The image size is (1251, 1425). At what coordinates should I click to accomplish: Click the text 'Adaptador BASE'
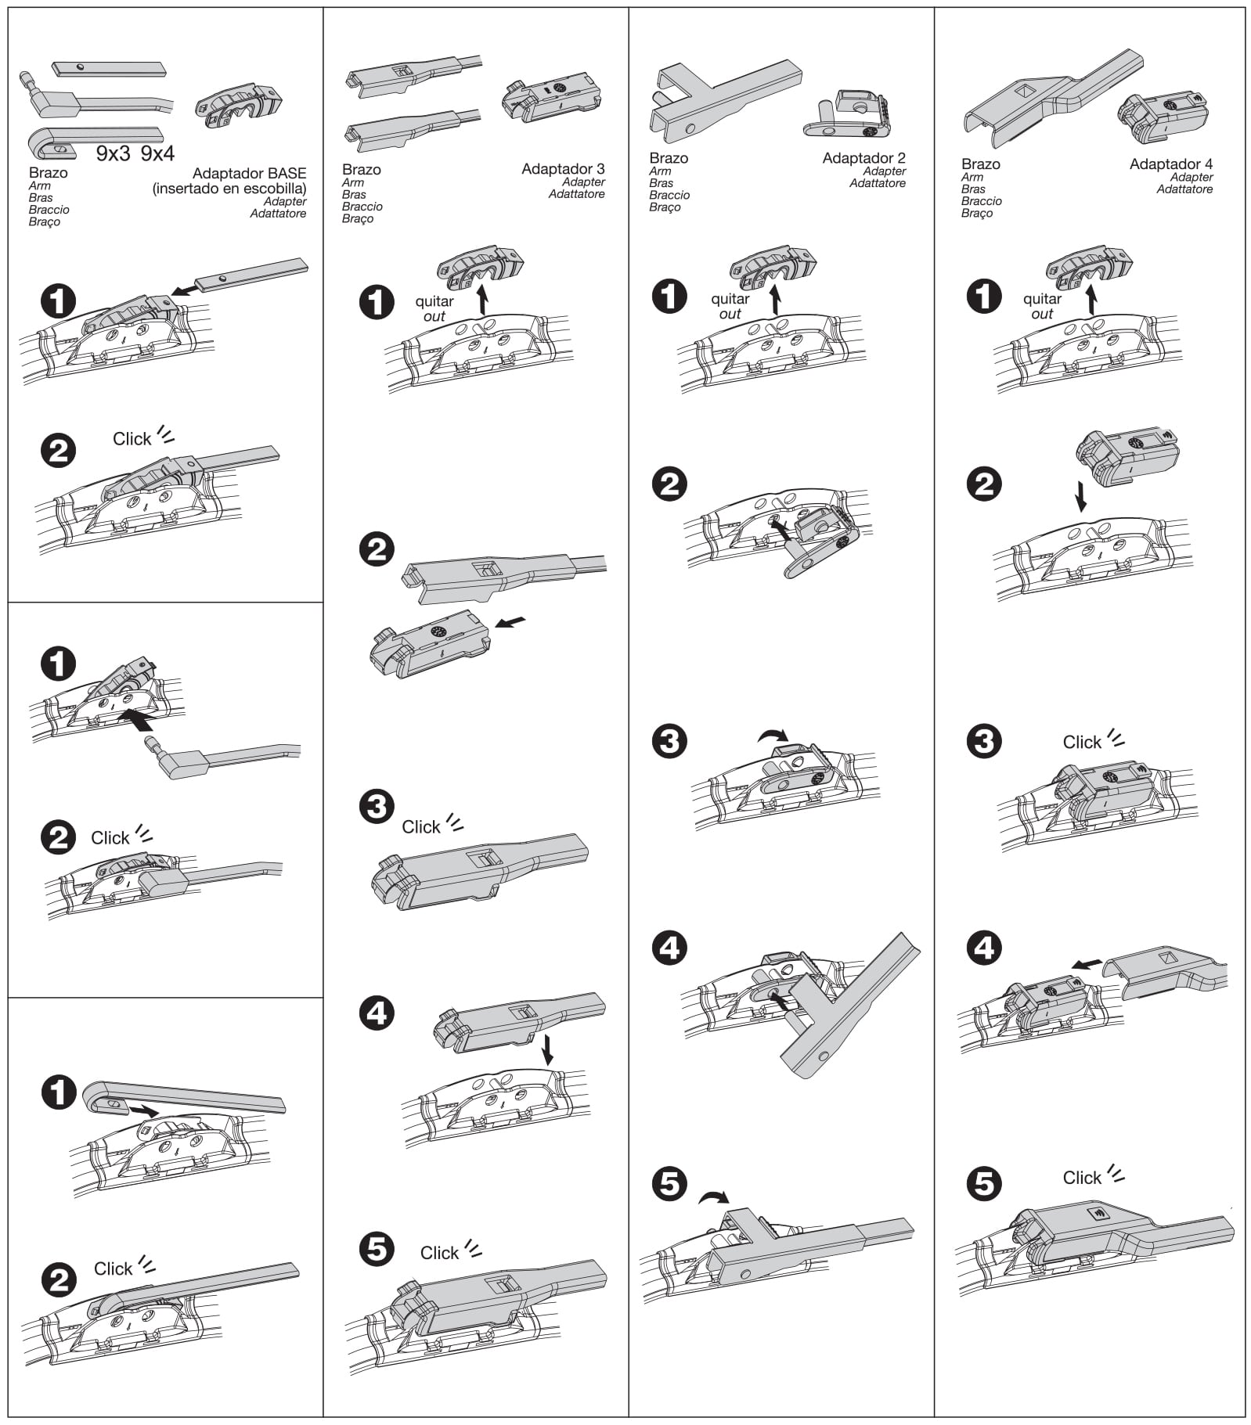click(x=249, y=174)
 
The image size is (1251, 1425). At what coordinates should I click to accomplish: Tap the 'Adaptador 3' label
click(x=563, y=169)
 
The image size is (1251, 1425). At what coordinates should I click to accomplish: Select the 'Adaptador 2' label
click(x=863, y=158)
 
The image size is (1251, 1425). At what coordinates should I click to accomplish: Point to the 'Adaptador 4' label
click(x=1170, y=164)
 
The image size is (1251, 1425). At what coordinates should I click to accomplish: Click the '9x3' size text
click(x=114, y=154)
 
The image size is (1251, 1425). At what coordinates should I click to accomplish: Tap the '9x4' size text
click(x=157, y=154)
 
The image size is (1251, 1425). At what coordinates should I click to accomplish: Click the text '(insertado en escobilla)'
click(x=229, y=189)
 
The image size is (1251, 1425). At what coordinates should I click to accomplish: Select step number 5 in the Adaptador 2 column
click(x=669, y=1184)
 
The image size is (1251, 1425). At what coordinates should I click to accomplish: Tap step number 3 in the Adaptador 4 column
click(x=984, y=741)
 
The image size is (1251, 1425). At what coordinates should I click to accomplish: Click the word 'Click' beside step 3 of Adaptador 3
click(x=421, y=827)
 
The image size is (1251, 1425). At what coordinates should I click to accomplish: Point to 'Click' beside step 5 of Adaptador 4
click(x=1082, y=1178)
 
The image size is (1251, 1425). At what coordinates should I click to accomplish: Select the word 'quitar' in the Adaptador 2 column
click(x=730, y=299)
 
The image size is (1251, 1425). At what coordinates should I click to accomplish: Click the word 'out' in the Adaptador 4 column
click(x=1042, y=315)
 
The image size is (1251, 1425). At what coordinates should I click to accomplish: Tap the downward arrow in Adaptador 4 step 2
click(x=1081, y=496)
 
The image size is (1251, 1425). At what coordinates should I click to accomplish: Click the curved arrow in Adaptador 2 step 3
click(x=773, y=735)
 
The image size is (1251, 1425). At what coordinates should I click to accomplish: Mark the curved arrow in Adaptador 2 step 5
click(x=713, y=1197)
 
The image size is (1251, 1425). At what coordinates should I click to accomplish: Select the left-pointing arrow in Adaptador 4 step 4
click(x=1087, y=965)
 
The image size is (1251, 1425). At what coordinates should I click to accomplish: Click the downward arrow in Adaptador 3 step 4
click(x=547, y=1049)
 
